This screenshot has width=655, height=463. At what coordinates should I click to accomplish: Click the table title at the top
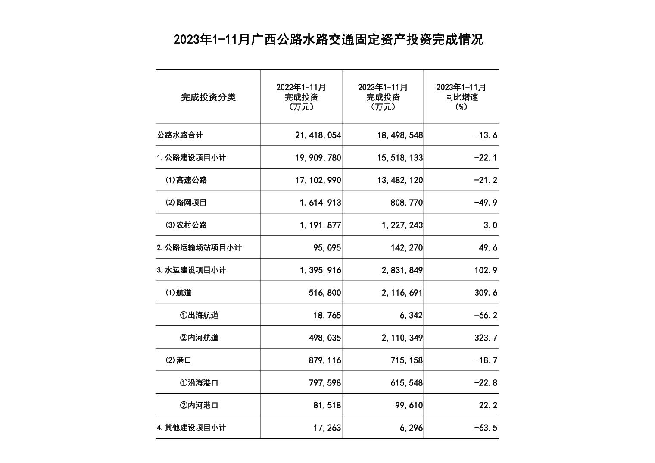(x=328, y=40)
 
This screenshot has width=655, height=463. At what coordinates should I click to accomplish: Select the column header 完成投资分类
(x=208, y=97)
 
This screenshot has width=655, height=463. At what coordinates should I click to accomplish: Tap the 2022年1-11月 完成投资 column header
(x=301, y=97)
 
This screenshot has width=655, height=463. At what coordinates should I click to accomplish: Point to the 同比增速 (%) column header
(x=461, y=97)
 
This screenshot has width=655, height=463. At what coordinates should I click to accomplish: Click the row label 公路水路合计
(x=180, y=135)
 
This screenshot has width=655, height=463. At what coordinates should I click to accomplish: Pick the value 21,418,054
(x=318, y=135)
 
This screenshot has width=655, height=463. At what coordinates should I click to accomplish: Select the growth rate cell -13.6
(x=486, y=135)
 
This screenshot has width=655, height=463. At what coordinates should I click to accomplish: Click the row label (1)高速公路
(x=186, y=180)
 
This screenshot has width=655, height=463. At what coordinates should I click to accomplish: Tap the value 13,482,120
(x=400, y=180)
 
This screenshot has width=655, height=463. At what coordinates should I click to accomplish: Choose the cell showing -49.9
(x=486, y=203)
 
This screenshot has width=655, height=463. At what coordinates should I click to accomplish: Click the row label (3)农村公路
(x=186, y=225)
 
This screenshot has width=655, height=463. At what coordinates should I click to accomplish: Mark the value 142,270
(x=407, y=248)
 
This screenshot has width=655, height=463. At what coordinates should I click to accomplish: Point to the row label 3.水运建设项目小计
(x=191, y=270)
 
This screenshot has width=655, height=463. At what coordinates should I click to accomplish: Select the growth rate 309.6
(x=486, y=293)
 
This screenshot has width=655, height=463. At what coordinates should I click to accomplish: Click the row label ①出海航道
(x=199, y=315)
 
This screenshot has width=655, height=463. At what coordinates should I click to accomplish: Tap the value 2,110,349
(x=402, y=338)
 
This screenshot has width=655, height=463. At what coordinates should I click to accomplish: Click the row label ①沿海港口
(x=199, y=383)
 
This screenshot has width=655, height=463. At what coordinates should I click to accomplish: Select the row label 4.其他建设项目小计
(x=191, y=428)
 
